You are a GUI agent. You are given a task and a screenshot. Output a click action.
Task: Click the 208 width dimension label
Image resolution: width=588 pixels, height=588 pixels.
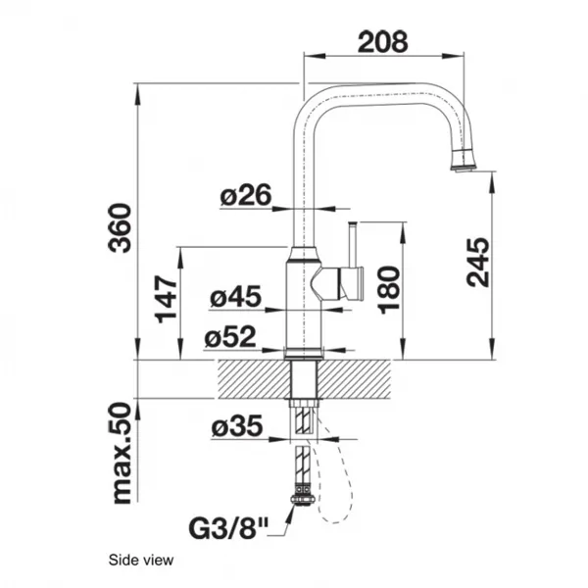tap(382, 41)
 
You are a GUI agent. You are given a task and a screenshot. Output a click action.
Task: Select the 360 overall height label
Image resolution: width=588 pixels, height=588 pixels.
tap(120, 227)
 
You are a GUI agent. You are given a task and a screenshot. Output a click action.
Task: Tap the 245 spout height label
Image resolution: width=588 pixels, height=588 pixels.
tap(478, 262)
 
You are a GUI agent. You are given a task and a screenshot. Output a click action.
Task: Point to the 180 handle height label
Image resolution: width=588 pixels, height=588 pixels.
tap(388, 289)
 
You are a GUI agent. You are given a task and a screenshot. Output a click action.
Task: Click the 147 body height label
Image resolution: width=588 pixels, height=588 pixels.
tap(166, 299)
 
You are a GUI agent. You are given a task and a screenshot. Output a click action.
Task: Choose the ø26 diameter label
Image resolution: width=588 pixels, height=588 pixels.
tap(246, 195)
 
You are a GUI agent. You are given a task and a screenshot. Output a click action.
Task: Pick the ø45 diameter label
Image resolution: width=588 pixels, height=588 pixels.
tap(235, 297)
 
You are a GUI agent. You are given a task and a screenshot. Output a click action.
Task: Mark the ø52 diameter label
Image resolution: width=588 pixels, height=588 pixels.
tap(230, 336)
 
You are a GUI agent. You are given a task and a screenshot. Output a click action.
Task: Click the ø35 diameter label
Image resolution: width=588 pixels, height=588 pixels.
tap(236, 426)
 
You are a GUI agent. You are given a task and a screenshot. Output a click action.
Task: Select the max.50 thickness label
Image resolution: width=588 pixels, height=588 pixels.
tap(122, 453)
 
